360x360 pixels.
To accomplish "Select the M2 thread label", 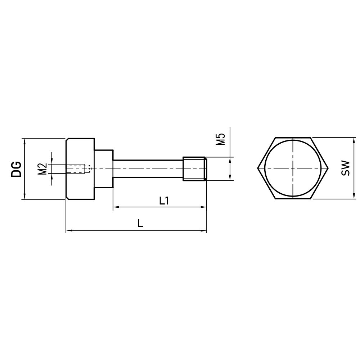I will pyautogui.click(x=42, y=168).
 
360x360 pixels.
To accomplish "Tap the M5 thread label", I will pyautogui.click(x=220, y=139).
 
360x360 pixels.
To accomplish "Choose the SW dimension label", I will pyautogui.click(x=346, y=168).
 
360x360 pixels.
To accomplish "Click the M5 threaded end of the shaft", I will pyautogui.click(x=195, y=168).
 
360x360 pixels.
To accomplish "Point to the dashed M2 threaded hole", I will pyautogui.click(x=77, y=168).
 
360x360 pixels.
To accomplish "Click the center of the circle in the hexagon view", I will pyautogui.click(x=293, y=168).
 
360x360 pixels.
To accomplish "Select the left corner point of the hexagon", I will pyautogui.click(x=258, y=168).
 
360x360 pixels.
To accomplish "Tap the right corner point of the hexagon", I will pyautogui.click(x=328, y=168).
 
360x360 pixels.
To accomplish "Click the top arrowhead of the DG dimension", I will pyautogui.click(x=24, y=141).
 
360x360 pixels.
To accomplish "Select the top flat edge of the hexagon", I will pyautogui.click(x=293, y=138).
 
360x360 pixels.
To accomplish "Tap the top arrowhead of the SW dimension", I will pyautogui.click(x=354, y=140).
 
